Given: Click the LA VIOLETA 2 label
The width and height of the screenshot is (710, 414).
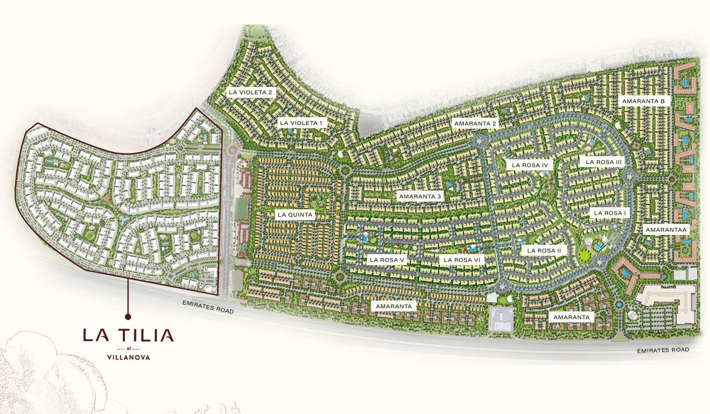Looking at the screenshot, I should click(x=250, y=92).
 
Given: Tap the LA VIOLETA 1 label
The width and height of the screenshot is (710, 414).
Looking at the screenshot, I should click(x=301, y=123).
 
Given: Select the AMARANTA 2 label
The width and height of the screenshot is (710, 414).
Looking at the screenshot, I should click(x=476, y=123).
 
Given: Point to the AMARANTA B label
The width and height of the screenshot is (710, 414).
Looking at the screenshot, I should click(x=642, y=101).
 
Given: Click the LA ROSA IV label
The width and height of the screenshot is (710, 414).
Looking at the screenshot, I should click(x=530, y=165).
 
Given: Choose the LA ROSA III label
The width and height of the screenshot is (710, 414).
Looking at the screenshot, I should click(x=604, y=162).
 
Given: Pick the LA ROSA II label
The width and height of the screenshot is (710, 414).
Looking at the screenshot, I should click(x=544, y=250).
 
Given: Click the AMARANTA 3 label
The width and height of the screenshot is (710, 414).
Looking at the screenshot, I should click(x=420, y=196).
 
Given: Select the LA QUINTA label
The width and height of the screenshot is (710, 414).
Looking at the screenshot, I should click(x=295, y=214).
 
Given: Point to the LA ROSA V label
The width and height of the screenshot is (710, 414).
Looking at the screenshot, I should click(x=387, y=259).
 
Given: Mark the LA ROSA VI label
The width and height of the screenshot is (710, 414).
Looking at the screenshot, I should click(x=462, y=259).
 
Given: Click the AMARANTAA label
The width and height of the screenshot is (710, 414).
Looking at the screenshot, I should click(x=666, y=229).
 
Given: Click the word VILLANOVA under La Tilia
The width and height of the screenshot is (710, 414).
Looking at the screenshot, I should click(x=128, y=357).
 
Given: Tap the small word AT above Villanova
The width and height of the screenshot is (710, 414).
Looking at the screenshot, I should click(x=128, y=348).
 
